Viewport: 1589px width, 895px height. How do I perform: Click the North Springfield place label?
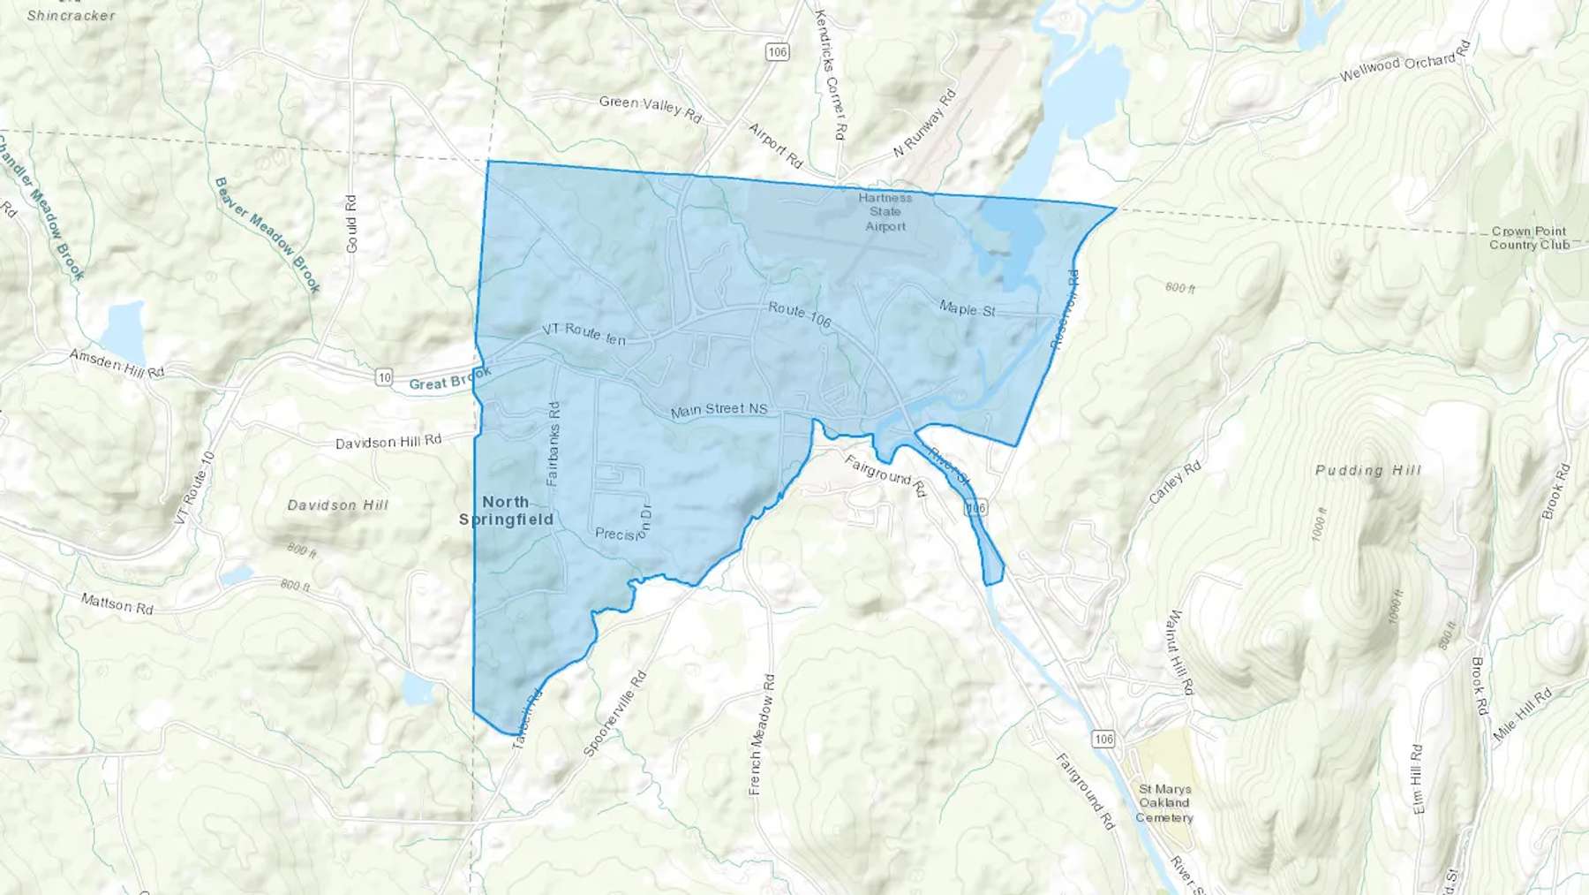[506, 511]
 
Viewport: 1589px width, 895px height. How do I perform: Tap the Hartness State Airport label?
[885, 212]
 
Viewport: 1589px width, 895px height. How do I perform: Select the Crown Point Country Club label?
[1529, 238]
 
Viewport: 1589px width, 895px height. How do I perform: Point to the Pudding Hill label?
[1368, 470]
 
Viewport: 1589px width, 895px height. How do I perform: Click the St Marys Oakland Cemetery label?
[1164, 803]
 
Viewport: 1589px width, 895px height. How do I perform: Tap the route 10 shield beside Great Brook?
[384, 377]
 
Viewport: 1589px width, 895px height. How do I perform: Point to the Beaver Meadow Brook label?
[267, 234]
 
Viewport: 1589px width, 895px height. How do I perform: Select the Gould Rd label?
[351, 224]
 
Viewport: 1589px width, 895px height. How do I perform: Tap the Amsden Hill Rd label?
[117, 363]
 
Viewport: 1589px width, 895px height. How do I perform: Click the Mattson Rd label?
[117, 603]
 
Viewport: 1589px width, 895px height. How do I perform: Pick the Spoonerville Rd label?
[615, 713]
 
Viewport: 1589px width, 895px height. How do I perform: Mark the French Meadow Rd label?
[761, 734]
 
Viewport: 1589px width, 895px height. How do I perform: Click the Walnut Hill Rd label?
[1180, 652]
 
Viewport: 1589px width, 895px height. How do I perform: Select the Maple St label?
[967, 308]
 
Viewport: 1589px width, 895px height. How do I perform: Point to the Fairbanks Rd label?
[554, 444]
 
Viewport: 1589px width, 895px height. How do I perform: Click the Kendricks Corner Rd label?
[830, 74]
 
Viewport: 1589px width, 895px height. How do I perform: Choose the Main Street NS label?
[719, 410]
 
